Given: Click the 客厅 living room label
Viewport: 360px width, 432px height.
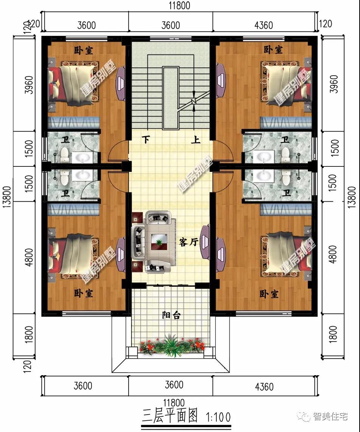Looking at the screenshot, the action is (188, 242).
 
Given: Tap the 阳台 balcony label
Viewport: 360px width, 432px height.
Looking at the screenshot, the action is (171, 315).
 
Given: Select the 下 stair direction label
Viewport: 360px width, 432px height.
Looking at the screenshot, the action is (146, 140).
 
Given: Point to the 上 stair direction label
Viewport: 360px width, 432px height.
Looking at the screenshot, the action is (196, 140).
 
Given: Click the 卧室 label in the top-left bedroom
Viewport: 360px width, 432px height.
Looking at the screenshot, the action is (84, 50).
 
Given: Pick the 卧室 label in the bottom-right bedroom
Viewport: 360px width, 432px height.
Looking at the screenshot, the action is (269, 294).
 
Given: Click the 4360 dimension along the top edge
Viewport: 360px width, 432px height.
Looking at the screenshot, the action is (264, 25).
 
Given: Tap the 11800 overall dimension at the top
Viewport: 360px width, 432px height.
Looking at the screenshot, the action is (179, 6).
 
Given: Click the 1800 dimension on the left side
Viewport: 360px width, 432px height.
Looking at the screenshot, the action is (29, 334).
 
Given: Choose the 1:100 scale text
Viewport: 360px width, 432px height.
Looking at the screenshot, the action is (219, 417).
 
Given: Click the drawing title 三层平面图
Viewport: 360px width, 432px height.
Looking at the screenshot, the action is (170, 416).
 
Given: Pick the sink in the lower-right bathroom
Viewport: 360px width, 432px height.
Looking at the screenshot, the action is (264, 176).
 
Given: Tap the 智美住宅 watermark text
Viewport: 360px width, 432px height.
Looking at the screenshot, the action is (330, 416).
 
